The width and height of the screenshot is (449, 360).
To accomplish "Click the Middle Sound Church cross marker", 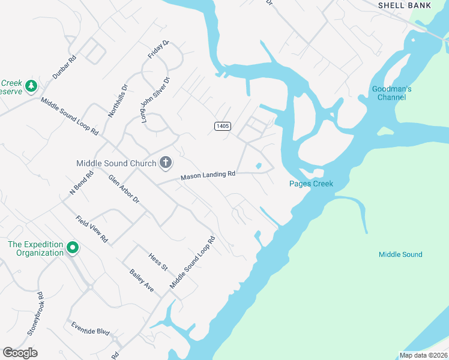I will click(166, 163).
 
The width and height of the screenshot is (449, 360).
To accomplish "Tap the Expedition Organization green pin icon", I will click(73, 247).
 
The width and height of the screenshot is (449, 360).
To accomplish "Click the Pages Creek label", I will click(311, 184).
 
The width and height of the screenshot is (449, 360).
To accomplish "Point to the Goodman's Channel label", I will click(391, 93).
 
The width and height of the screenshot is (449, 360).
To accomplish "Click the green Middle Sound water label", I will click(400, 254).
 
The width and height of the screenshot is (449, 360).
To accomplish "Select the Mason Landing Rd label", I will click(208, 175).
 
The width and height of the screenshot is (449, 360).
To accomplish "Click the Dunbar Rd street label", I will click(65, 67).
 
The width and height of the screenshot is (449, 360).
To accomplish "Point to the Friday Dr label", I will click(159, 50).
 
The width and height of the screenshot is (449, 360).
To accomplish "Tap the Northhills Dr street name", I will click(118, 100).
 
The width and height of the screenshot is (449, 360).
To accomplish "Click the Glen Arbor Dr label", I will click(124, 188).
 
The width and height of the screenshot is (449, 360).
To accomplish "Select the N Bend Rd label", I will click(82, 182).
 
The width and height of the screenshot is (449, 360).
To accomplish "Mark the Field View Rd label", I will click(92, 229).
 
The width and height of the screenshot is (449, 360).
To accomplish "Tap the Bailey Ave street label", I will click(142, 280).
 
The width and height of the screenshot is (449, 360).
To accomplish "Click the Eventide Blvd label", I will click(90, 330).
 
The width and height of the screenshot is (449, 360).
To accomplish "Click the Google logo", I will click(20, 353).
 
